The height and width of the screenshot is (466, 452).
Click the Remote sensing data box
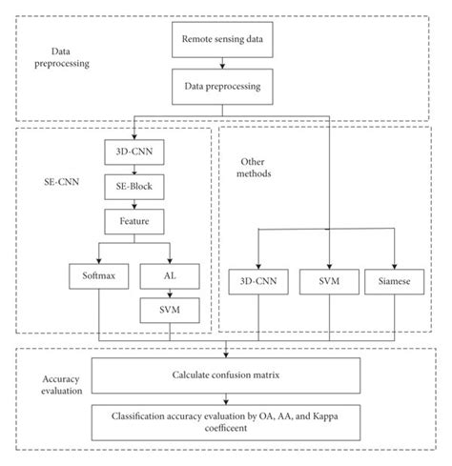coord(222,43)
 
